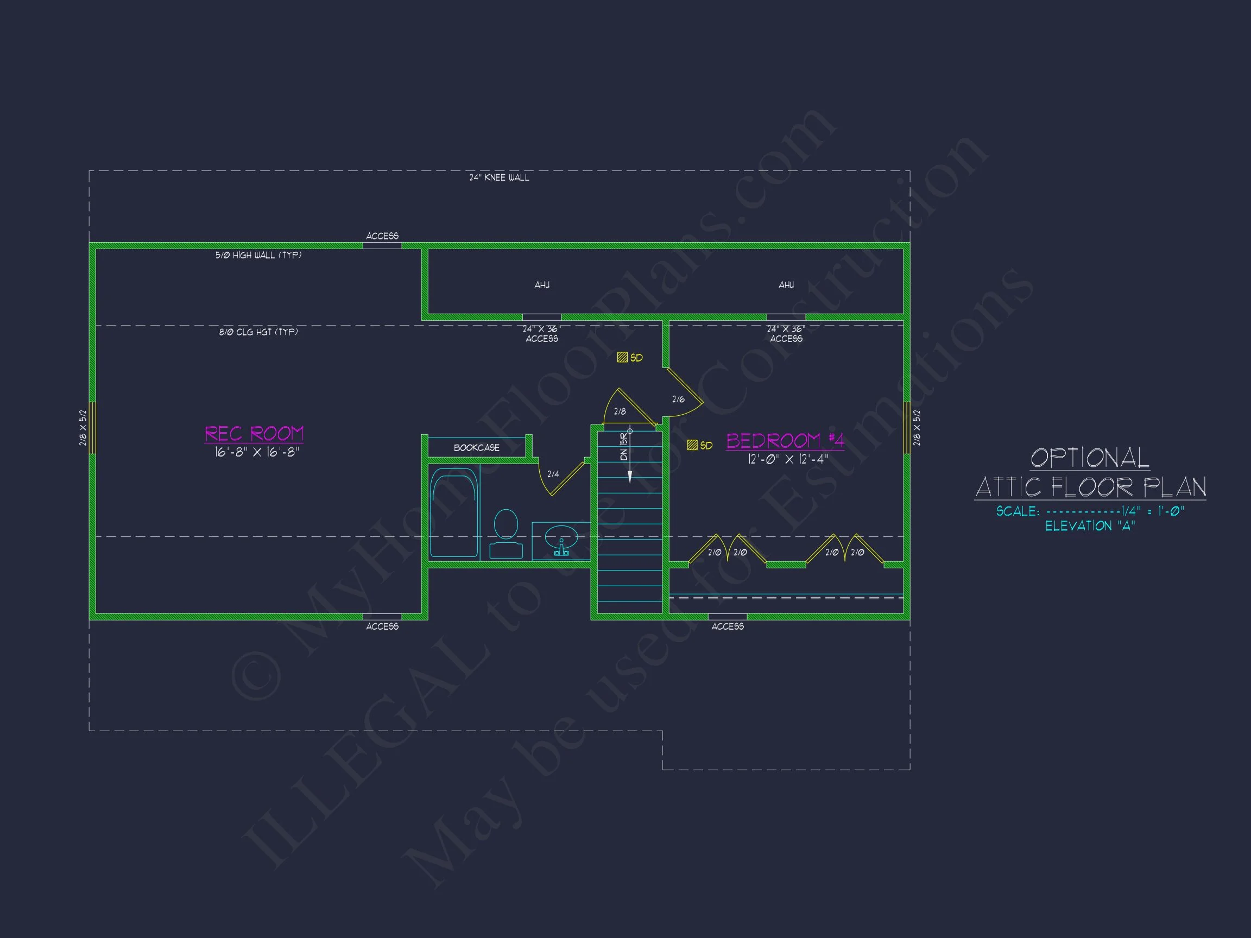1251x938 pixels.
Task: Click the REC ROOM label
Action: pos(254,434)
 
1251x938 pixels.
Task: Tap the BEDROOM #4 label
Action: pos(785,440)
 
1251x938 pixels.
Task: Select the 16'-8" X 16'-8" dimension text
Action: pos(256,452)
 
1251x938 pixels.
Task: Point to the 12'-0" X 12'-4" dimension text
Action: pos(788,459)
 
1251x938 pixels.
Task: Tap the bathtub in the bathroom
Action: pos(453,512)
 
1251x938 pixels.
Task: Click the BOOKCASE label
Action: pos(476,448)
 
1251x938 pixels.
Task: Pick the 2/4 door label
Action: pos(553,474)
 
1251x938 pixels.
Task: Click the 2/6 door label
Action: pos(678,400)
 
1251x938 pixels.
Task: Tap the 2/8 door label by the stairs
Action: pos(620,411)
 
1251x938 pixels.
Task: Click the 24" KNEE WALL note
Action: pos(499,178)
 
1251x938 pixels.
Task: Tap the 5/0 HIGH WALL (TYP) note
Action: pos(258,255)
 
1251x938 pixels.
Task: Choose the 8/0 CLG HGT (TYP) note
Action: pos(258,332)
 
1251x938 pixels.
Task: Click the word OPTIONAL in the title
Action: pos(1089,458)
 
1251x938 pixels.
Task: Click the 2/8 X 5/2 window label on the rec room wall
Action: pos(83,428)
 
